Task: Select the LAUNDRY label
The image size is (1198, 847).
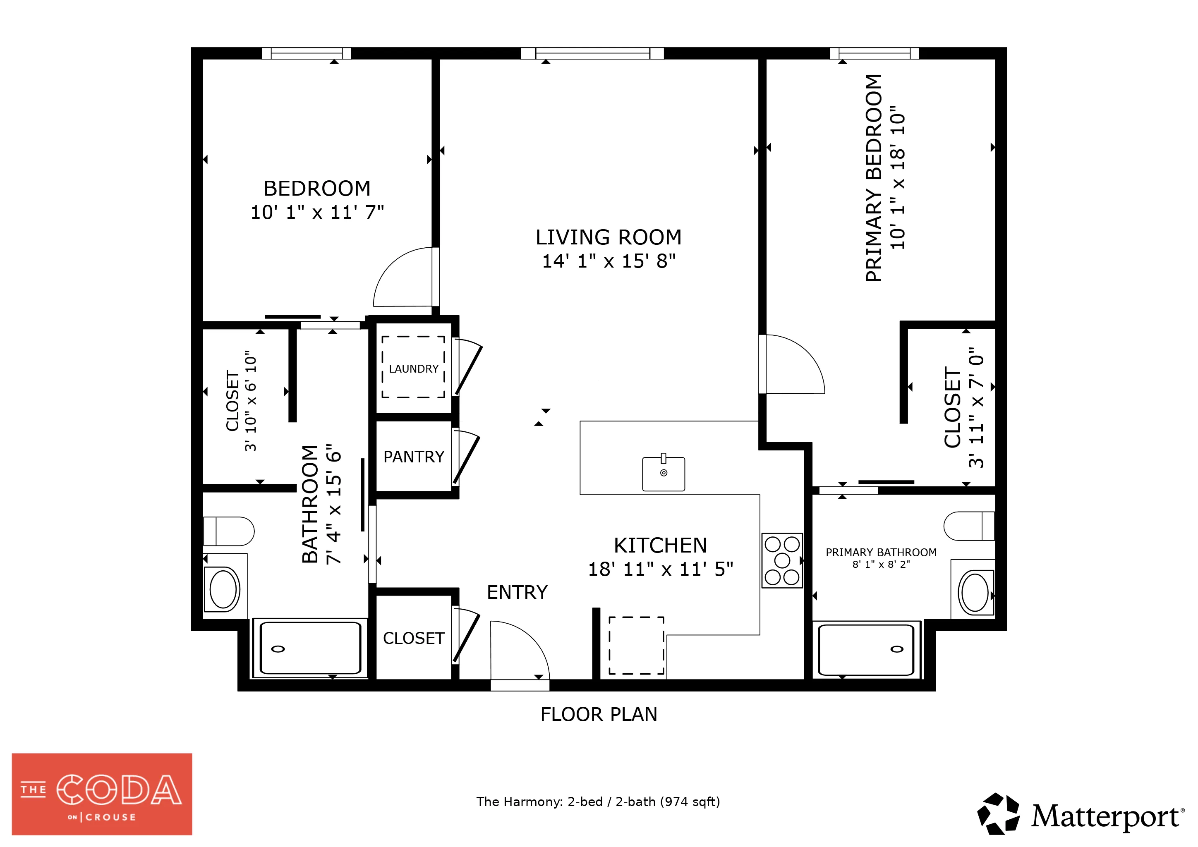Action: point(414,369)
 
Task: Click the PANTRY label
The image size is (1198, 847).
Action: point(414,457)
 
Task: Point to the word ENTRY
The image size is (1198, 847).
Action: point(517,593)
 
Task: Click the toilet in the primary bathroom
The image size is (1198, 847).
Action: point(969,526)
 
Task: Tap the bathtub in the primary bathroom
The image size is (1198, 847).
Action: point(866,650)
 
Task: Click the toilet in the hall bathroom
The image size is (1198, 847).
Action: point(228,531)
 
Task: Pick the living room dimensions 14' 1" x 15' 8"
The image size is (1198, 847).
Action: point(609,261)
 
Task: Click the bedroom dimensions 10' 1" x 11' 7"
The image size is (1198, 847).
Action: point(317,212)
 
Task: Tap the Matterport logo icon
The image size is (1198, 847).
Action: point(999,814)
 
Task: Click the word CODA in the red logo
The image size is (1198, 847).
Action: point(119,790)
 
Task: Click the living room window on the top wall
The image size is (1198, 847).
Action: point(592,53)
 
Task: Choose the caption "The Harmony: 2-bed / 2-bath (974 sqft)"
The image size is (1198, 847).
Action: point(598,802)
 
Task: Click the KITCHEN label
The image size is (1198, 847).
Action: point(661,546)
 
